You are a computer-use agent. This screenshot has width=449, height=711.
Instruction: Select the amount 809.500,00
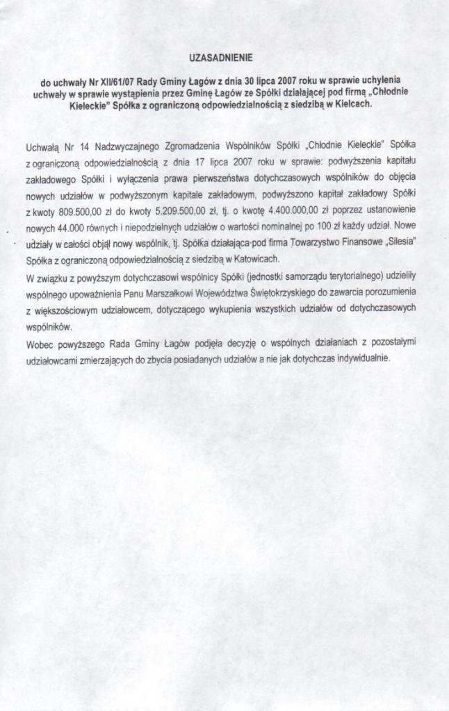[79, 211]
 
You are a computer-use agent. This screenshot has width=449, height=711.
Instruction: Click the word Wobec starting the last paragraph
[41, 342]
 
